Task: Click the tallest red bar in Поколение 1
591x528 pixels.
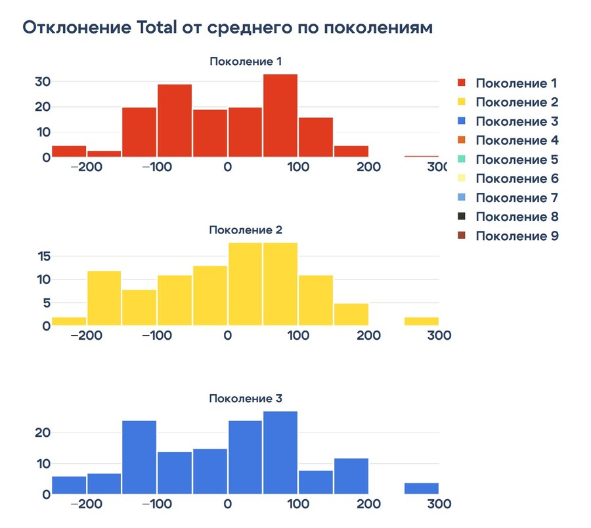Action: [x=280, y=115]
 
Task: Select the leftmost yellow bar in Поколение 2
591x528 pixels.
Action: [x=69, y=321]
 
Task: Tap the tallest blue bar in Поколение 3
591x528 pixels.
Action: [x=280, y=453]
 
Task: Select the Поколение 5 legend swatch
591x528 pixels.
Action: [x=462, y=159]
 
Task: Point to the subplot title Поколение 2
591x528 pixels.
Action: [x=246, y=230]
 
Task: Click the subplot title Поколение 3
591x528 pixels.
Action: [x=246, y=398]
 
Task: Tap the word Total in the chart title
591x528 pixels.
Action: [x=158, y=28]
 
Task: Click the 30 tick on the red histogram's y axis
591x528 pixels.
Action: [x=43, y=81]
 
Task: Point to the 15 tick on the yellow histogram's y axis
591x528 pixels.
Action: [x=43, y=256]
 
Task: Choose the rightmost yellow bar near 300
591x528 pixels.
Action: [x=422, y=321]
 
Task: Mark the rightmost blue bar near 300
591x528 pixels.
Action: [x=422, y=488]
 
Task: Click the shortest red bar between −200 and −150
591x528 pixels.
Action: [x=104, y=154]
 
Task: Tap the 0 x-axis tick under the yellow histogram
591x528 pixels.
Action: [x=227, y=335]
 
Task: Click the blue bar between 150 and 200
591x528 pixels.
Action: [x=351, y=476]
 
